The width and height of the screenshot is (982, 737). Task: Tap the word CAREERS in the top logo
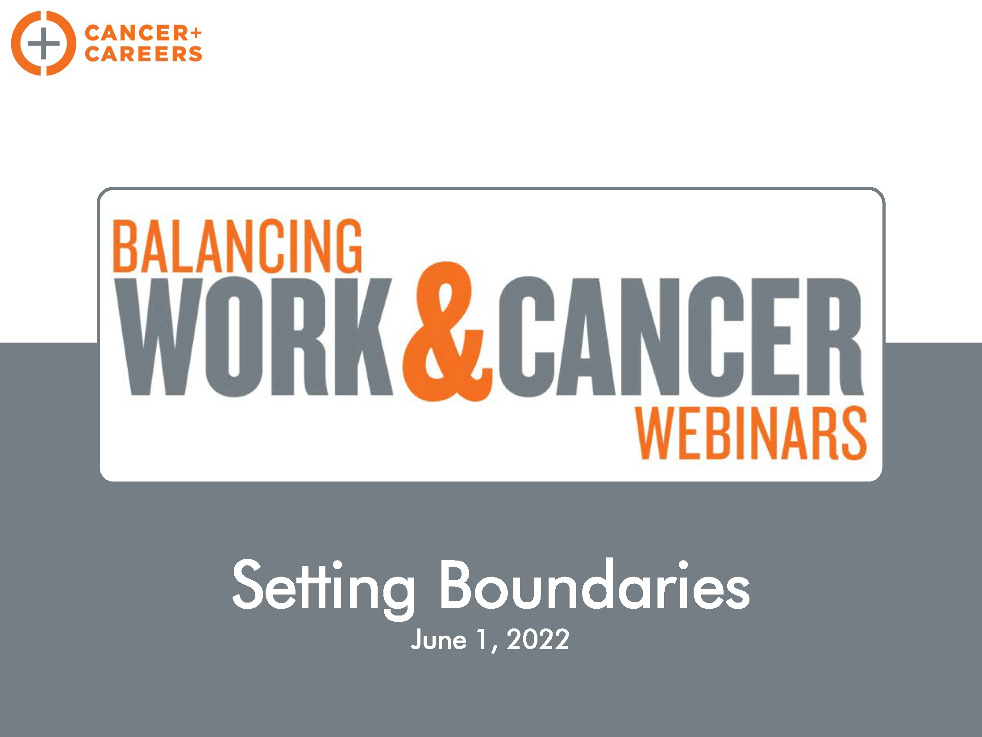(143, 54)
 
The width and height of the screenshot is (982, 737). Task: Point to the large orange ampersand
(448, 331)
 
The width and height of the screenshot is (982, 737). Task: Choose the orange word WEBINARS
(751, 433)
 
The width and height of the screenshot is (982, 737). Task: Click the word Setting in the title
(324, 588)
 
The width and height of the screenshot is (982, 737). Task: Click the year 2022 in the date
(538, 639)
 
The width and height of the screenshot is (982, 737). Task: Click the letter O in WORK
(233, 336)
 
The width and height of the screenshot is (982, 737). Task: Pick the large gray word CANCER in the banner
(681, 336)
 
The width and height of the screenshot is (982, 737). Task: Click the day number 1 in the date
(482, 639)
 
